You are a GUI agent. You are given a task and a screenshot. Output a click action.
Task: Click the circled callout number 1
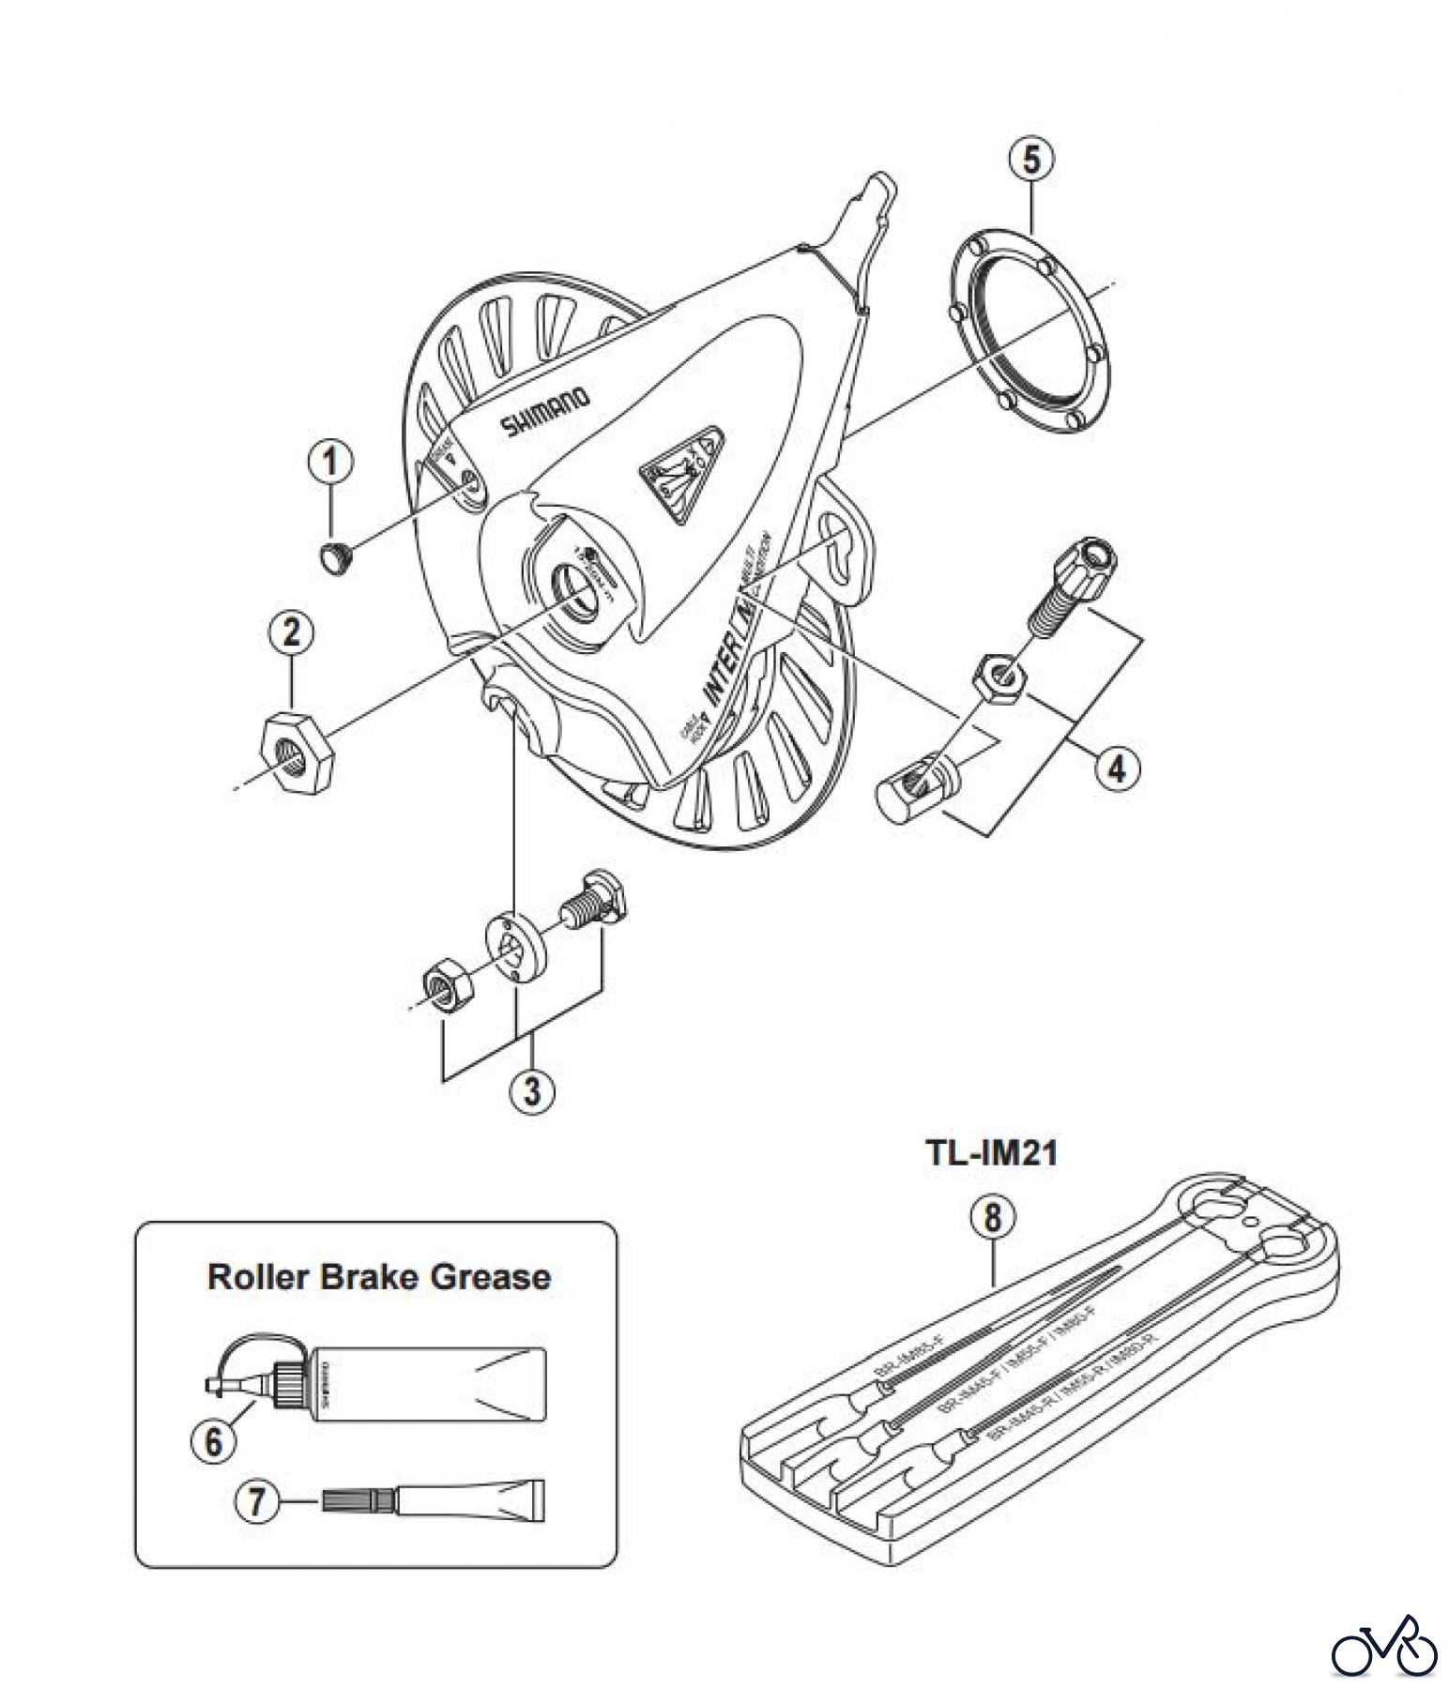tap(331, 464)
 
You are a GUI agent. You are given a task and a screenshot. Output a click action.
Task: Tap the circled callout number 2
tap(291, 632)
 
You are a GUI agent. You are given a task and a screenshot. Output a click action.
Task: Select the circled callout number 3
tap(533, 1091)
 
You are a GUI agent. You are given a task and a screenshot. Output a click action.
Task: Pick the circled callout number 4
tap(1116, 768)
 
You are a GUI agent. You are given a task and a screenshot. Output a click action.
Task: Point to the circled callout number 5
tap(1030, 160)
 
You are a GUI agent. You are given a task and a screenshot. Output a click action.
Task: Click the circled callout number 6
tap(214, 1440)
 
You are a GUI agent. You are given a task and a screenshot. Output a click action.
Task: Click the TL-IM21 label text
tap(991, 1153)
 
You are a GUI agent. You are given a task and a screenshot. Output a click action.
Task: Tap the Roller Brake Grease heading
tap(379, 1277)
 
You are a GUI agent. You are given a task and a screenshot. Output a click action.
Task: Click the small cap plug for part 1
tap(334, 556)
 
